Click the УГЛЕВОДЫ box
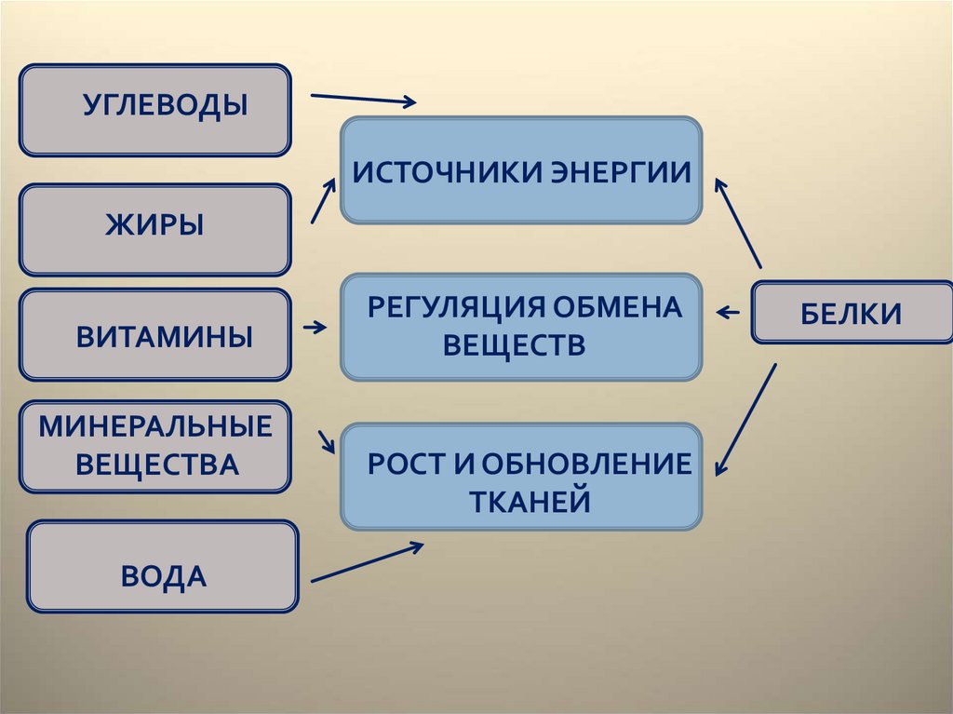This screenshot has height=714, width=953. (154, 109)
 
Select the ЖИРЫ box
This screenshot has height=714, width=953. (154, 229)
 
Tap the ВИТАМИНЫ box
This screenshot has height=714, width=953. (154, 335)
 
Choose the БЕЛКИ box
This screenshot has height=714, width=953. (851, 313)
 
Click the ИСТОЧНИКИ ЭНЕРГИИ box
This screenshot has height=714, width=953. (521, 170)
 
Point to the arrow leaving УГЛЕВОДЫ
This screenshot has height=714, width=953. (363, 100)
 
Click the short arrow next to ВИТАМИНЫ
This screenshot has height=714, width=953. (315, 328)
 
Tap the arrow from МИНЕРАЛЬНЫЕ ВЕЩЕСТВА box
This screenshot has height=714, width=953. (327, 441)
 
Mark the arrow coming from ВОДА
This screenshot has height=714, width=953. (367, 563)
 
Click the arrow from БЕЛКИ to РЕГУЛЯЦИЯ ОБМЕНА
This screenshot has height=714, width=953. (729, 312)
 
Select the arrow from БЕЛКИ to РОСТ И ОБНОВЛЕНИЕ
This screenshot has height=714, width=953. (746, 419)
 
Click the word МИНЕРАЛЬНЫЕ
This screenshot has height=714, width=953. (155, 427)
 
